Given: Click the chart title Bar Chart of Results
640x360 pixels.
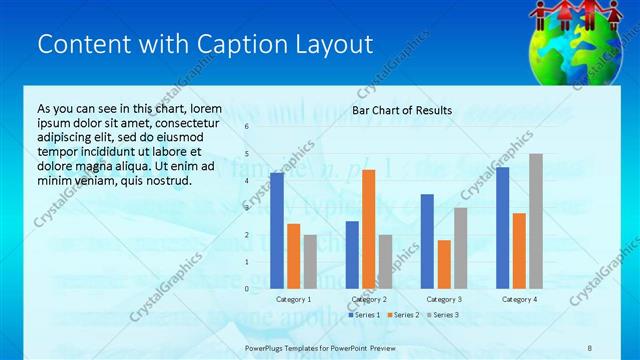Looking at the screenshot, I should click(402, 110).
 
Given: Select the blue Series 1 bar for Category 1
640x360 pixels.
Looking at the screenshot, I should click(277, 230).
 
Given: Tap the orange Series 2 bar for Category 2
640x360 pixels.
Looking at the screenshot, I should click(369, 229).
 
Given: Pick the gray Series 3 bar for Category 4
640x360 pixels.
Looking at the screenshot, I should click(536, 221).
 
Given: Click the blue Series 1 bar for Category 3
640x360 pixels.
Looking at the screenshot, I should click(427, 241).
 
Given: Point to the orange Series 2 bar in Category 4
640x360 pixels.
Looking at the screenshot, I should click(519, 250).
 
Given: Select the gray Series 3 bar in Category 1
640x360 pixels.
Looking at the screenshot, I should click(310, 261).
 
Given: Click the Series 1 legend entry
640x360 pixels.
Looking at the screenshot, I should click(364, 315).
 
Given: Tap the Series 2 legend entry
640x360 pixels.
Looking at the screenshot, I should click(403, 315).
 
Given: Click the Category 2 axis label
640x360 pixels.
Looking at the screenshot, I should click(369, 299).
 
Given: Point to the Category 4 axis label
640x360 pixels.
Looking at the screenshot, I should click(519, 299).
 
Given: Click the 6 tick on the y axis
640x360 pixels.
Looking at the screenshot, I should click(247, 127).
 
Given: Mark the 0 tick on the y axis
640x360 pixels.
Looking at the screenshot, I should click(247, 288).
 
